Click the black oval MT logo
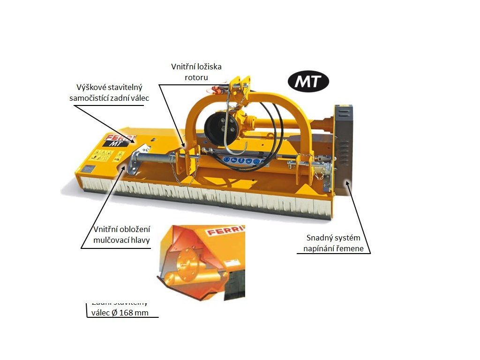pos(308,82)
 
